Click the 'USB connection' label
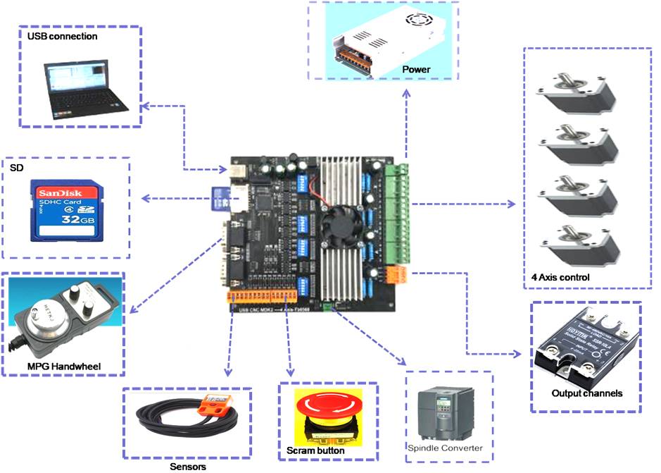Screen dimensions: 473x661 pyautogui.click(x=62, y=36)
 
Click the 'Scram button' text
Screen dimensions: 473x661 pyautogui.click(x=315, y=450)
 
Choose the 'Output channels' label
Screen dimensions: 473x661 pyautogui.click(x=586, y=393)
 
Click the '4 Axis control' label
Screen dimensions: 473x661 pyautogui.click(x=561, y=278)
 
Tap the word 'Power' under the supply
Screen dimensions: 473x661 pyautogui.click(x=416, y=69)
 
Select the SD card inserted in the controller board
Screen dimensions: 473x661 pyautogui.click(x=219, y=198)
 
